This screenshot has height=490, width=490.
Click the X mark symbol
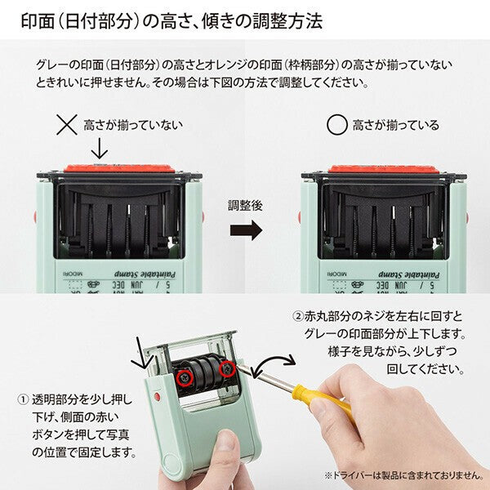(65, 125)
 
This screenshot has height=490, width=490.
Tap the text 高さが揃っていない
(133, 125)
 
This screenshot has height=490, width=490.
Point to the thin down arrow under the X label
(99, 149)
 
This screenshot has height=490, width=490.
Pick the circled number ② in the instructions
(297, 316)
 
